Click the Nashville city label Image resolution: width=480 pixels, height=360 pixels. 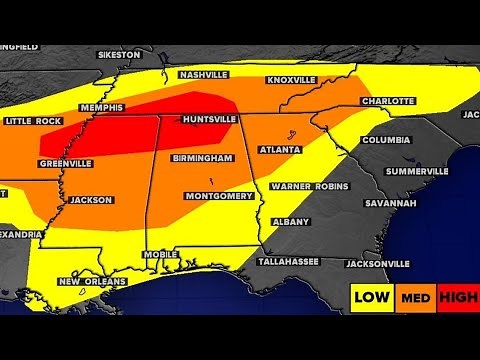pos(204,74)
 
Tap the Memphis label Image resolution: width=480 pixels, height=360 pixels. pos(102,107)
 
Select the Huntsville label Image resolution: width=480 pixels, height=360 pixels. pos(209,119)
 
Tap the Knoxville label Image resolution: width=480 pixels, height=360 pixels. pos(292,79)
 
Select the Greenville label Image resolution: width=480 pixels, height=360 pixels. pos(67,162)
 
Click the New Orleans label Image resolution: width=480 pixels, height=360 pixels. pos(91,282)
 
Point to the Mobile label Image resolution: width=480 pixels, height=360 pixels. pos(159,255)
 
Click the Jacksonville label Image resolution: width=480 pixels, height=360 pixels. pos(377,264)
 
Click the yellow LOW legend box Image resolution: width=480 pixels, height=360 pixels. pos(371,297)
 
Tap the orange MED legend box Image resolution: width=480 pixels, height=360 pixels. pos(410,297)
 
